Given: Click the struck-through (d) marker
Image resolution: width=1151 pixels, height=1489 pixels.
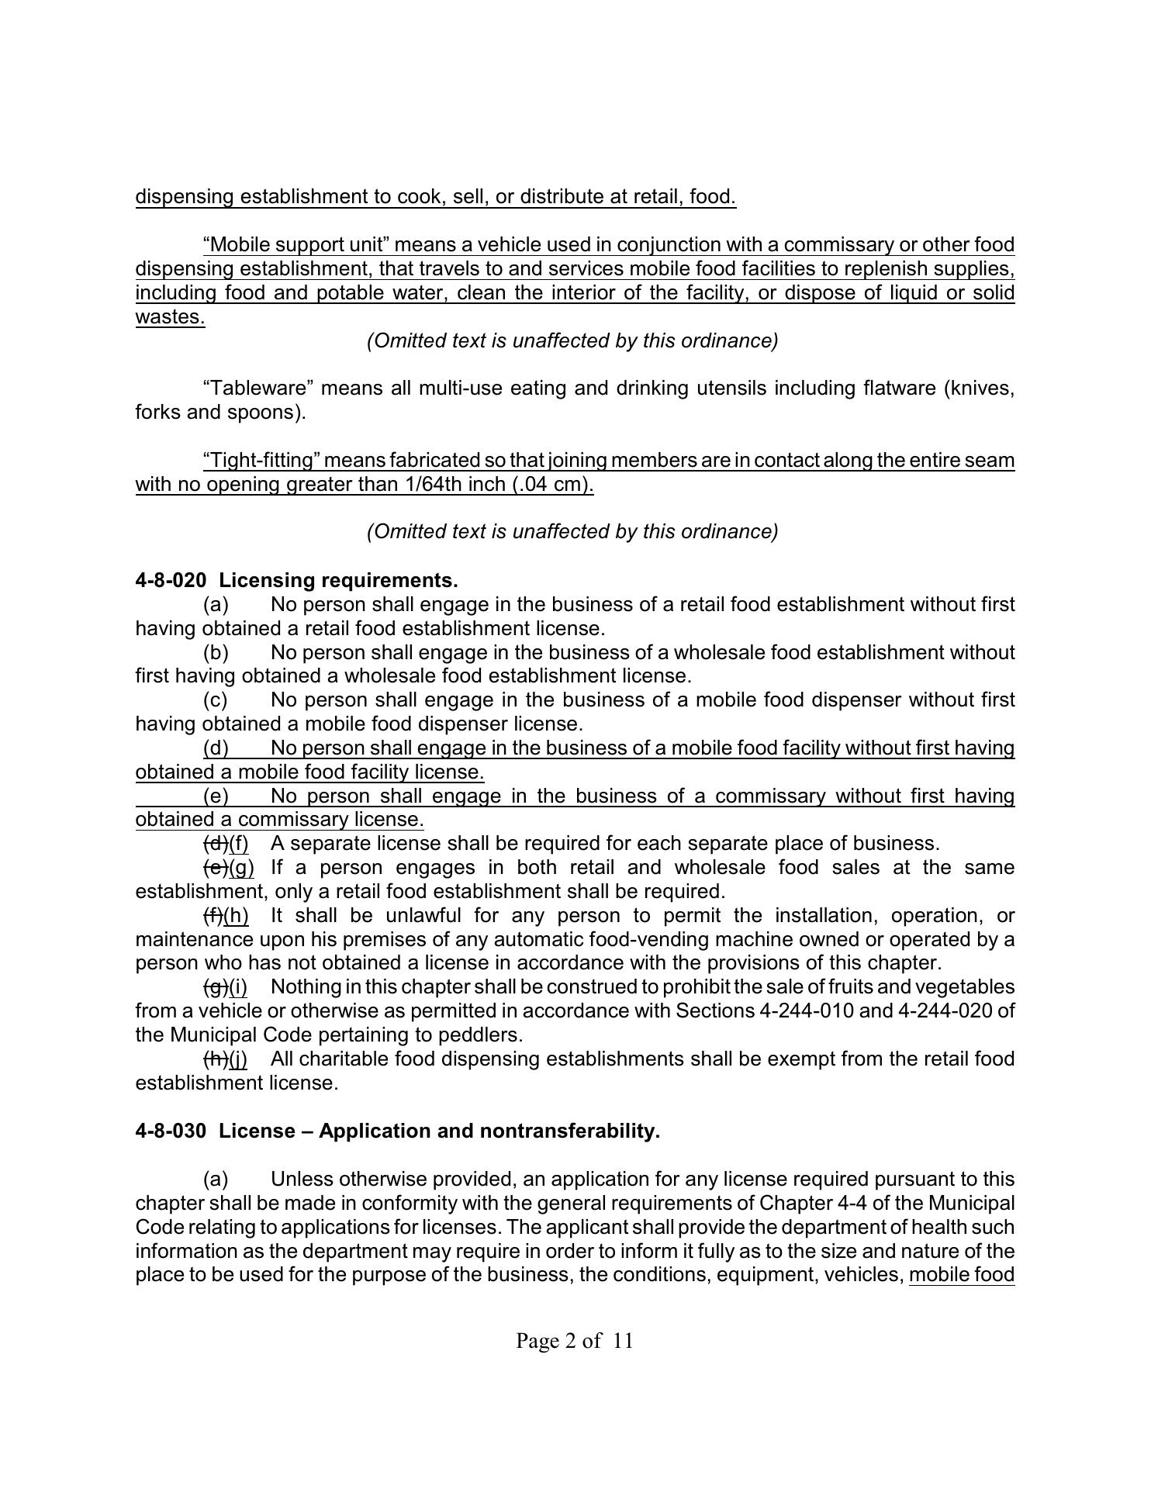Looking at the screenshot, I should [215, 844].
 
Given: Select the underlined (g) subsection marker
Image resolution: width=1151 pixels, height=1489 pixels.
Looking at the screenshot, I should [241, 868].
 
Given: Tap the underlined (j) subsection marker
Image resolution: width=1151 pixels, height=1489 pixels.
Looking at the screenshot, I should [238, 1059].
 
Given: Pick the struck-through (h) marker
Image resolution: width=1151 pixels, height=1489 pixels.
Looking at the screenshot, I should [215, 1059].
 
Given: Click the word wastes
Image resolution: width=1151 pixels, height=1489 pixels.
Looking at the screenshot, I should [170, 317].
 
